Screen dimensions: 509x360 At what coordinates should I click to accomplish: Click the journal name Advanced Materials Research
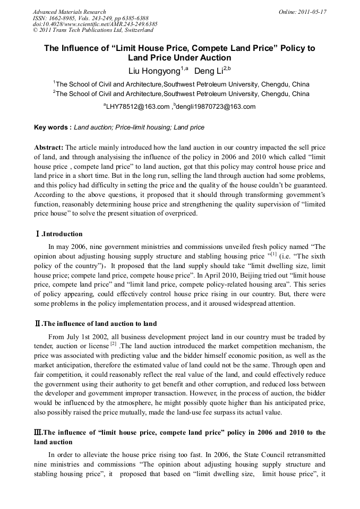tap(69, 12)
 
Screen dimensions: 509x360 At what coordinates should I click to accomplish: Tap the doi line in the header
tap(95, 24)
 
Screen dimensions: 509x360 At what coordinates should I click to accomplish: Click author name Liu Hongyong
tap(155, 71)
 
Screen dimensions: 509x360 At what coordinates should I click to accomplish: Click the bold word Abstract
tap(49, 147)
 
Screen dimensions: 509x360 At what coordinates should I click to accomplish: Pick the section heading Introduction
tap(62, 234)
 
